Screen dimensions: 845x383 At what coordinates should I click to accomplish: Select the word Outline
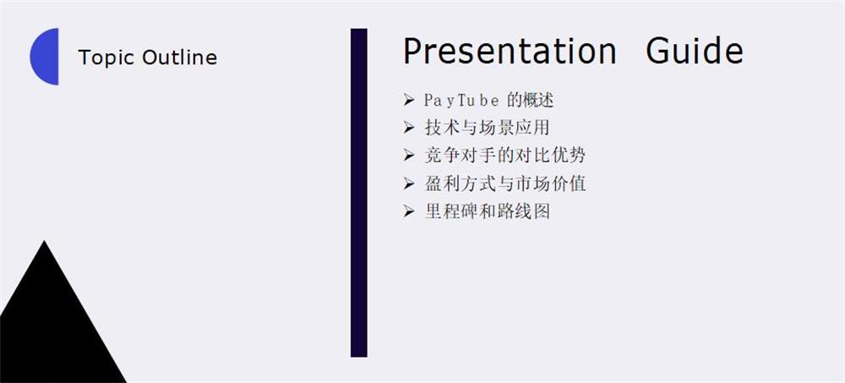coord(179,57)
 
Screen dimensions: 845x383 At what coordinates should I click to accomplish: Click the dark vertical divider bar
coord(359,193)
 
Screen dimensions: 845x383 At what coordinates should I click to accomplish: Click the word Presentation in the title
coord(510,51)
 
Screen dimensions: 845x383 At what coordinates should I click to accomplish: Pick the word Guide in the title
coord(695,51)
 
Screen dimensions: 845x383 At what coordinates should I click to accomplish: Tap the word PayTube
coord(461,101)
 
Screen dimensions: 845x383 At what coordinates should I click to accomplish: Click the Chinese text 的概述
coord(531,100)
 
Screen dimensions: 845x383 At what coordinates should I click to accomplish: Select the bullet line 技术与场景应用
coord(488,128)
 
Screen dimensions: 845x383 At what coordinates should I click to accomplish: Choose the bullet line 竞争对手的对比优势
coord(505,156)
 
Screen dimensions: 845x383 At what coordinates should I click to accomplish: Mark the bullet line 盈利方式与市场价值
coord(505,184)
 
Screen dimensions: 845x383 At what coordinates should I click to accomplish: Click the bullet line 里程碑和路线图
coord(488,211)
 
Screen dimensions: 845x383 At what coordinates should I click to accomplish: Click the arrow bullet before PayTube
coord(408,100)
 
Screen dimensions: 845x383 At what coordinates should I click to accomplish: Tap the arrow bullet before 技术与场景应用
coord(408,128)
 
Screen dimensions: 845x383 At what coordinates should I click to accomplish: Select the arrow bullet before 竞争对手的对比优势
coord(408,156)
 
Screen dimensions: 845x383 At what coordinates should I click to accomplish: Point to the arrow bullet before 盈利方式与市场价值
coord(408,184)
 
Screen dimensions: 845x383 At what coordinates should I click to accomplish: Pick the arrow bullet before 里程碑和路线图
coord(408,212)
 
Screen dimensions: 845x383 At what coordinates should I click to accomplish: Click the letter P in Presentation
coord(412,51)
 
